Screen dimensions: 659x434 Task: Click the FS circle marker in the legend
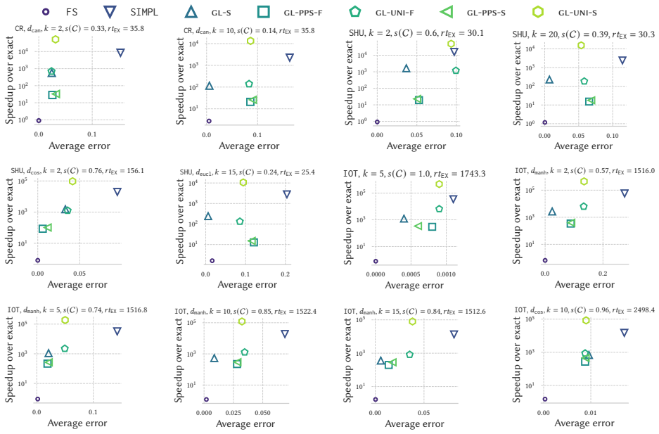coord(46,12)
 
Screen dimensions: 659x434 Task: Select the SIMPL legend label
coord(144,12)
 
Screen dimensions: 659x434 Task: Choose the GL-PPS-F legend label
coord(303,13)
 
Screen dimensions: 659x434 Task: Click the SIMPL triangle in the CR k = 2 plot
coord(120,53)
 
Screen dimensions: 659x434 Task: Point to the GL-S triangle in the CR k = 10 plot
coord(210,86)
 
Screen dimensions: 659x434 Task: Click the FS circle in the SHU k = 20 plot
coord(544,122)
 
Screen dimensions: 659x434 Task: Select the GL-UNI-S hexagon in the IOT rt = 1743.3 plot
coord(439,184)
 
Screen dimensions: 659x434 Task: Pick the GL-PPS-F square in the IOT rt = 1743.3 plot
coord(432,227)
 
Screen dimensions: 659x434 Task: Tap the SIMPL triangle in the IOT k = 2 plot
coord(625,193)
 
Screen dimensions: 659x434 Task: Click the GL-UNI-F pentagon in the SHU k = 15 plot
coord(240,222)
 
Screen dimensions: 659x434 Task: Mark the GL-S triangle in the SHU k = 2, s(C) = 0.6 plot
coord(406,68)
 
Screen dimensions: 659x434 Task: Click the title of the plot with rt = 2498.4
coord(584,310)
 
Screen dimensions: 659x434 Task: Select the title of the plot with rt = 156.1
coord(77,170)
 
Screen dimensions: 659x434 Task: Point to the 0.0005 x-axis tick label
coord(411,274)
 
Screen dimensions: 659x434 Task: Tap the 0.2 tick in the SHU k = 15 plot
coord(285,274)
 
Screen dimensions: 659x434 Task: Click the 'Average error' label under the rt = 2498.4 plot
coord(584,423)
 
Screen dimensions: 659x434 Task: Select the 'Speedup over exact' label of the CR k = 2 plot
coord(9,80)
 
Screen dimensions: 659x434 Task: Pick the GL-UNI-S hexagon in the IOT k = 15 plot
coord(412,321)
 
